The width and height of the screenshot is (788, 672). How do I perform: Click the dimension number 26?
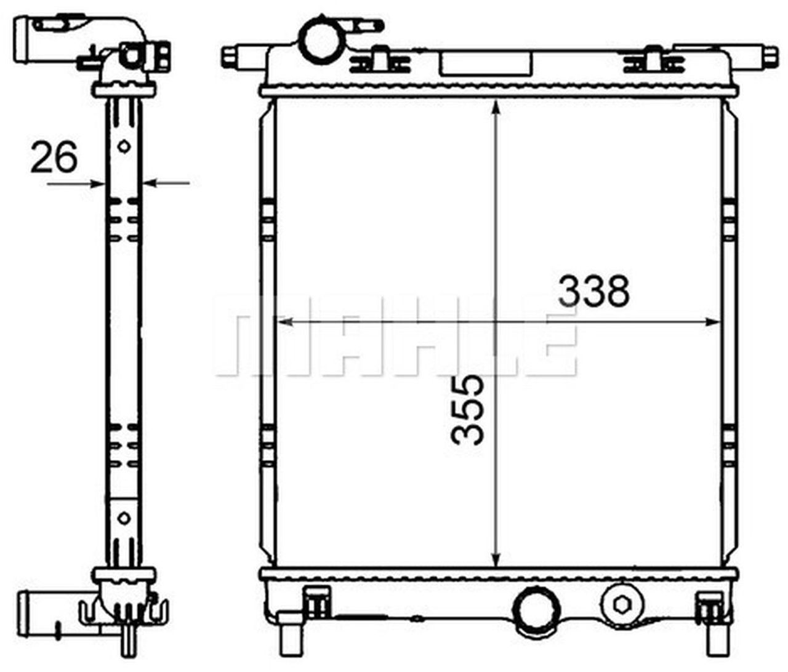pos(54,158)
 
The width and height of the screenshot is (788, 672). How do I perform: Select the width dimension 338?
pos(593,291)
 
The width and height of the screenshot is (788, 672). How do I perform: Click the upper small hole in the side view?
pos(124,146)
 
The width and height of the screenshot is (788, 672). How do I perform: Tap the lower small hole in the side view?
pos(124,518)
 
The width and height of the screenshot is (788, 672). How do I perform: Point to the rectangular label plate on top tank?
pos(485,63)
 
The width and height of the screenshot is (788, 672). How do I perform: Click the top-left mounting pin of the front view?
pos(230,57)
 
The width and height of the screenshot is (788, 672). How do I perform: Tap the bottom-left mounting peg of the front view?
pos(289,642)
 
